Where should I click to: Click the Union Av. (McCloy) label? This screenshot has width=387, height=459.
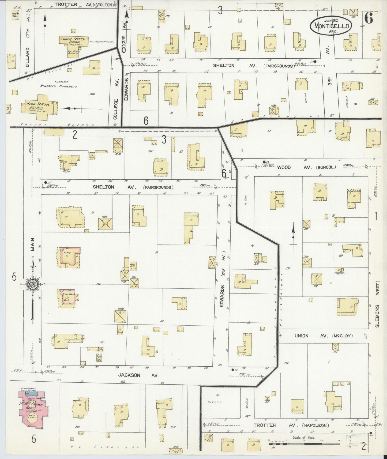pos(324,336)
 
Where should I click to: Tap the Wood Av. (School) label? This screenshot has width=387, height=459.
pos(306,167)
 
